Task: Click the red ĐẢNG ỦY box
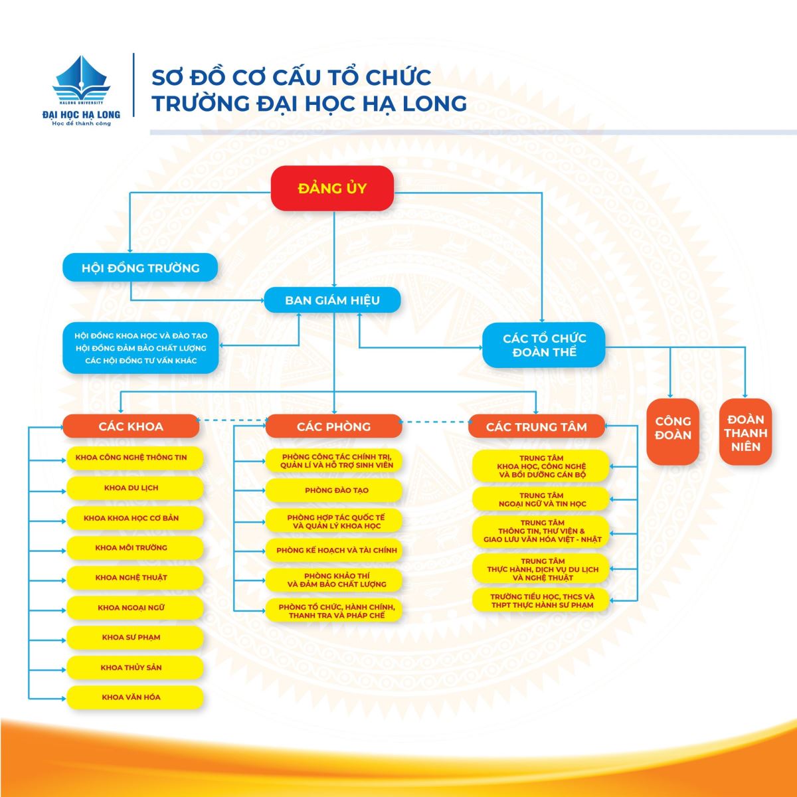pyautogui.click(x=332, y=188)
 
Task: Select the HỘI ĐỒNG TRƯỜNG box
pyautogui.click(x=140, y=268)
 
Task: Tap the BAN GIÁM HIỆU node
pyautogui.click(x=332, y=300)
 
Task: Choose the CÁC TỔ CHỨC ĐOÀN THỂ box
pyautogui.click(x=544, y=345)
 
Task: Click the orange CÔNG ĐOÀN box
pyautogui.click(x=673, y=431)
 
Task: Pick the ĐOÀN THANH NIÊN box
pyautogui.click(x=745, y=432)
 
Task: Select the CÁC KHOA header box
pyautogui.click(x=131, y=426)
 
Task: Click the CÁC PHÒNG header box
pyautogui.click(x=333, y=426)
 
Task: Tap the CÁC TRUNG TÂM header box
pyautogui.click(x=536, y=426)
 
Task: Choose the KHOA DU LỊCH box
pyautogui.click(x=135, y=487)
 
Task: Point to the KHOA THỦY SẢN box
pyautogui.click(x=135, y=667)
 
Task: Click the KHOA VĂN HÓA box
pyautogui.click(x=135, y=697)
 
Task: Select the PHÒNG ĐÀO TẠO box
pyautogui.click(x=334, y=491)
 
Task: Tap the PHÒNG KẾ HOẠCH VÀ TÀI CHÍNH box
pyautogui.click(x=334, y=551)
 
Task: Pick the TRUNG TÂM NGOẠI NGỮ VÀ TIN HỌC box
pyautogui.click(x=541, y=499)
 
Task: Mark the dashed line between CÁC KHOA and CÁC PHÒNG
pyautogui.click(x=232, y=420)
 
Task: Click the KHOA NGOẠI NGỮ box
pyautogui.click(x=135, y=608)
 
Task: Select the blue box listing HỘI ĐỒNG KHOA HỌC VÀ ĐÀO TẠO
pyautogui.click(x=140, y=348)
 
